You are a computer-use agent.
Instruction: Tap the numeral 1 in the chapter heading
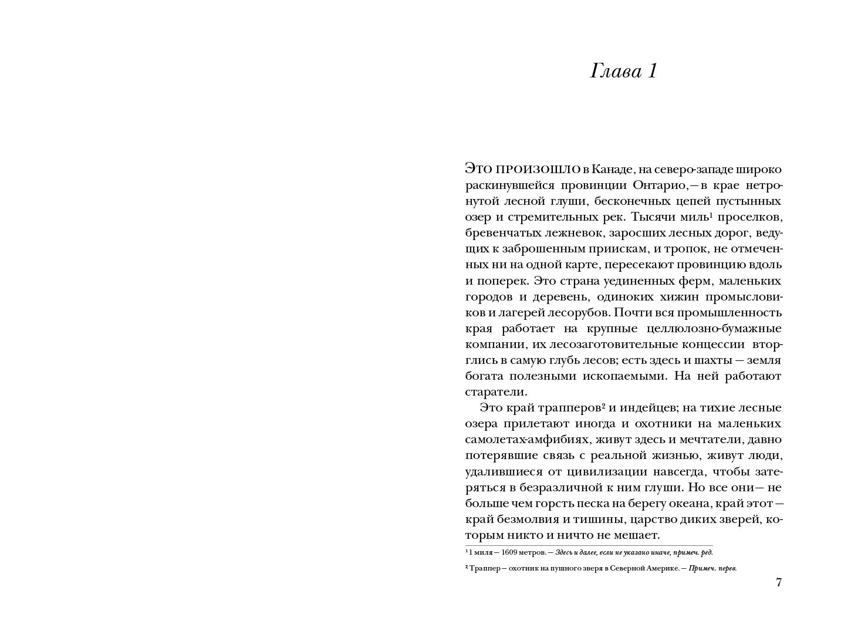(x=651, y=72)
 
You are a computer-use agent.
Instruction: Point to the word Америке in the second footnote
(x=664, y=568)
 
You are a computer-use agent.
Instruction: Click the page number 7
(x=779, y=582)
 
